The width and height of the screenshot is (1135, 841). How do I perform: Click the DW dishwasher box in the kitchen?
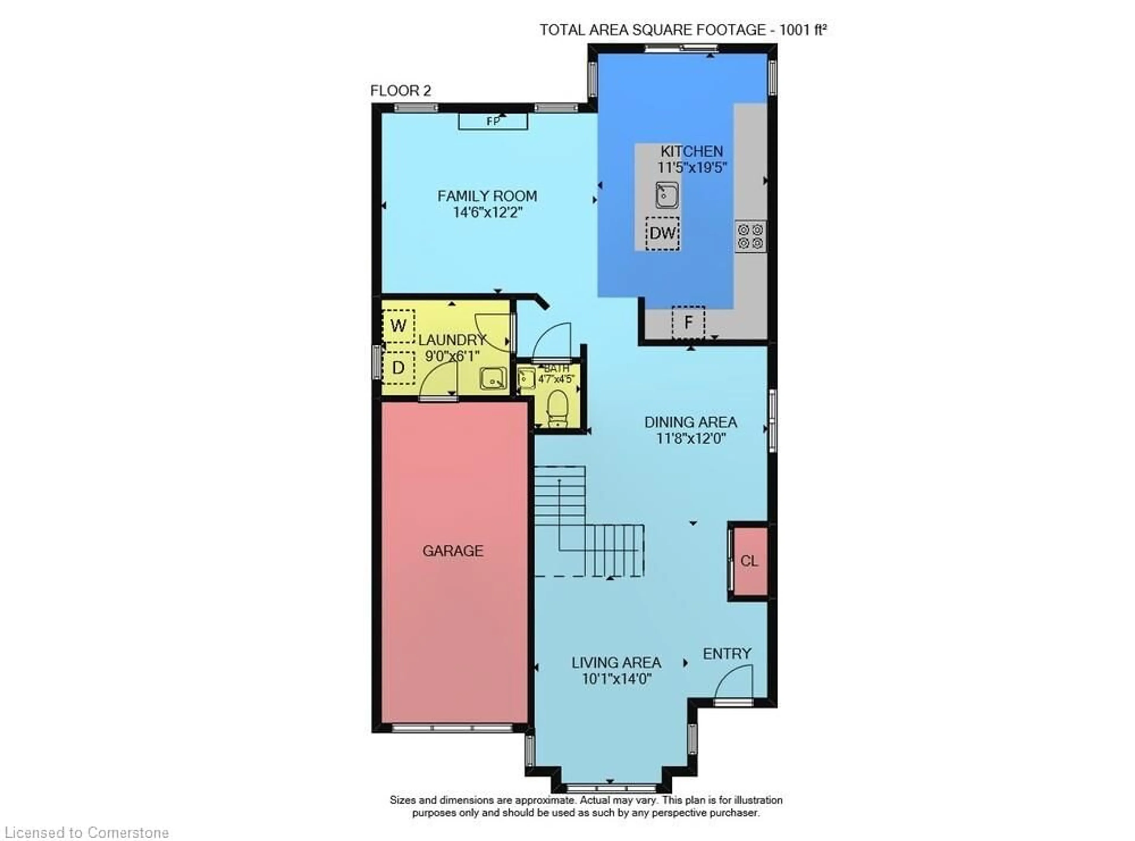coord(662,233)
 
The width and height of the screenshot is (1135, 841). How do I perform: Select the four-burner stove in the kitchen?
coord(750,236)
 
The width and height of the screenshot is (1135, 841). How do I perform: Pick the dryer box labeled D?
coord(398,367)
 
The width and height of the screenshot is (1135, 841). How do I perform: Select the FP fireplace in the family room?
coord(493,121)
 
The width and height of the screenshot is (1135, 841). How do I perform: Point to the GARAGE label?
coord(453,550)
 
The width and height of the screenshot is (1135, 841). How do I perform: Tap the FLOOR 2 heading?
coord(401,91)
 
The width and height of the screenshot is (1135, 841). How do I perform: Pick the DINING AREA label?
coord(691,422)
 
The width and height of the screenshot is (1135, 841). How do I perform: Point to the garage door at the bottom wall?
coord(452,728)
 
